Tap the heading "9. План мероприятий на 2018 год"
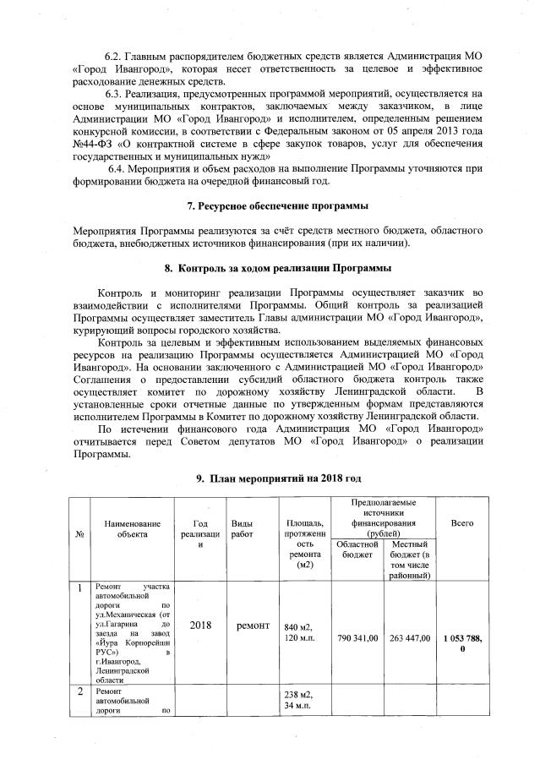click(279, 478)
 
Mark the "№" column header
click(79, 536)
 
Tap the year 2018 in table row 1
click(200, 626)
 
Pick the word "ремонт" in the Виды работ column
click(253, 626)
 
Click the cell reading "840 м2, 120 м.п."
click(299, 631)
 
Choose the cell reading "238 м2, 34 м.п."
click(299, 701)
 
